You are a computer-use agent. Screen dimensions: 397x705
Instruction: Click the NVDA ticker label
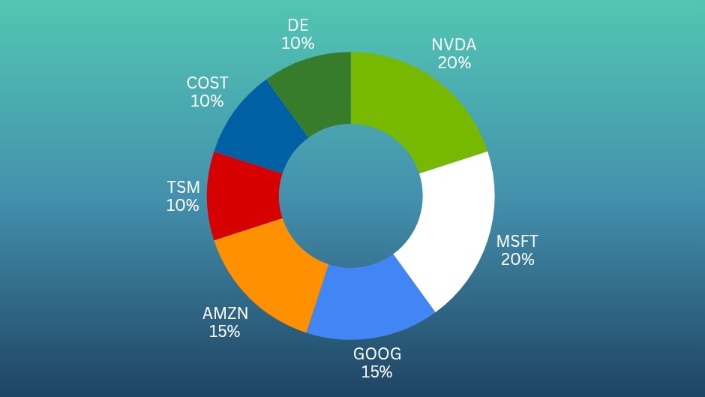click(x=454, y=45)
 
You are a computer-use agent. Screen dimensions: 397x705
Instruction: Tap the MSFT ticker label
click(x=517, y=242)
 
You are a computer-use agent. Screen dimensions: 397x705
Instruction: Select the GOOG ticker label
click(x=377, y=353)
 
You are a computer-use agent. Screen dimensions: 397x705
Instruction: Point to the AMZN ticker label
click(x=225, y=313)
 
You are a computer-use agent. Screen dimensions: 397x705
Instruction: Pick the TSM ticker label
click(x=183, y=187)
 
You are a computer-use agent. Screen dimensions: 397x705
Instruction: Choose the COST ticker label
click(x=207, y=83)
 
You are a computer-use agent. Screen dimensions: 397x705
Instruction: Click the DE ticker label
click(x=298, y=26)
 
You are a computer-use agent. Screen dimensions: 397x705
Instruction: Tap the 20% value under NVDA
click(x=454, y=63)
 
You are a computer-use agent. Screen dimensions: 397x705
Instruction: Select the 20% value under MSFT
click(x=517, y=260)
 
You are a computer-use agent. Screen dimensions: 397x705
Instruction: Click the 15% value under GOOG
click(x=376, y=371)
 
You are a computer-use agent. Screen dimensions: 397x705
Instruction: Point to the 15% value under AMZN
click(x=224, y=331)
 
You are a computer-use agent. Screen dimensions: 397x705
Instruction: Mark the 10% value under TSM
click(x=183, y=205)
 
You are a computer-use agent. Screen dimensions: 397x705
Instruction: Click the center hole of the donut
click(x=351, y=197)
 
